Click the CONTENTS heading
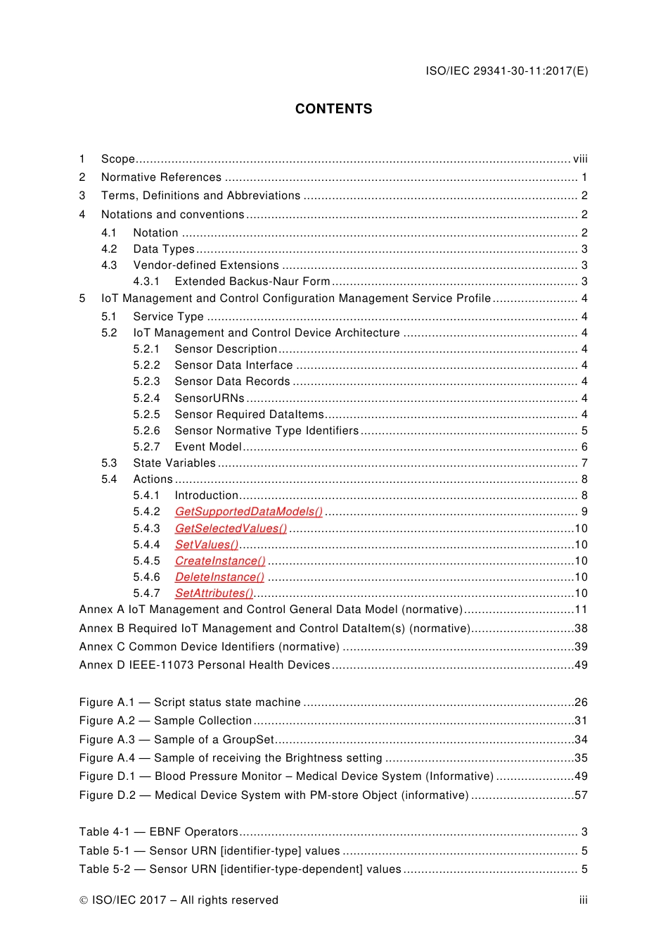(x=333, y=109)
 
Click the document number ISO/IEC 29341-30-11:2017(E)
(x=506, y=70)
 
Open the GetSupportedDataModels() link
(x=248, y=512)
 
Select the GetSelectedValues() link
(x=231, y=529)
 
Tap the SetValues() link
(x=207, y=545)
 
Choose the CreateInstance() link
(x=220, y=561)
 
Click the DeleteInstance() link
(x=219, y=577)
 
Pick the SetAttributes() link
(x=214, y=593)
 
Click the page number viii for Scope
(x=580, y=159)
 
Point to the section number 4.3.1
(x=146, y=282)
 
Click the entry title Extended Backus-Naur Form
(x=252, y=282)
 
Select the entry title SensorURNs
(x=210, y=398)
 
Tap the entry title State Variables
(x=174, y=463)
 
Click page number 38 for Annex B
(x=581, y=629)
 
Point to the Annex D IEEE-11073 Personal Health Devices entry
(x=205, y=665)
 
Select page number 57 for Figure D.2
(x=581, y=795)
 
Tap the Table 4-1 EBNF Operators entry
(x=159, y=832)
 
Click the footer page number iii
(x=583, y=900)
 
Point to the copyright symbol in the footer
(x=84, y=900)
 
